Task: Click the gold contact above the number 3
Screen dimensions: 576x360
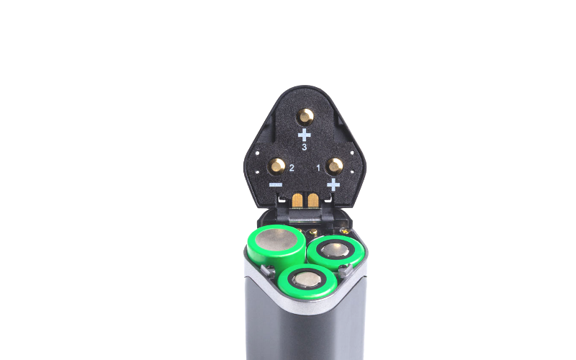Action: tap(305, 117)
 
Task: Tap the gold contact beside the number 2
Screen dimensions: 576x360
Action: tap(276, 166)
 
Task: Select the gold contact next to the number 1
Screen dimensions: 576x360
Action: tap(334, 166)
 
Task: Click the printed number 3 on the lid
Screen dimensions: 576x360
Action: tap(304, 148)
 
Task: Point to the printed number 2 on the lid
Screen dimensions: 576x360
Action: tap(292, 168)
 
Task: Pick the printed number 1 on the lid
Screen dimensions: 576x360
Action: tap(318, 168)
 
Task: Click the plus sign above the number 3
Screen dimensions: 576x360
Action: tap(304, 135)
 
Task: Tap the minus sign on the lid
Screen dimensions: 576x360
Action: tap(276, 185)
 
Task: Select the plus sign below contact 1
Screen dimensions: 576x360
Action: tap(333, 184)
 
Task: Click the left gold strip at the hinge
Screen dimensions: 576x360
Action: tap(297, 200)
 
